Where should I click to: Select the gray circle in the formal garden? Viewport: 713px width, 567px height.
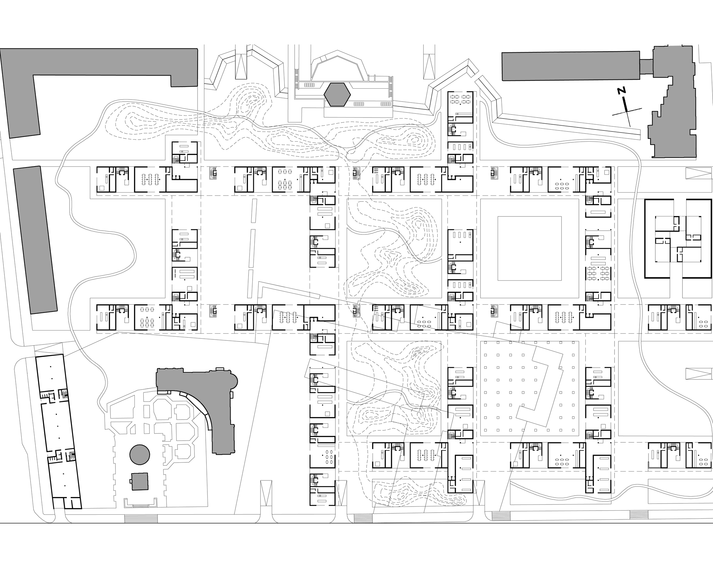[x=140, y=455]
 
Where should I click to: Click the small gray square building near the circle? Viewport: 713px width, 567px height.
[x=140, y=481]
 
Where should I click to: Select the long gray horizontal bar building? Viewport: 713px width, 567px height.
[x=571, y=66]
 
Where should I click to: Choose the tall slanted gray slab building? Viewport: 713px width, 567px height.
[x=35, y=240]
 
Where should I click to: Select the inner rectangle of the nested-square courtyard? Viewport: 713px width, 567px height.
[x=529, y=248]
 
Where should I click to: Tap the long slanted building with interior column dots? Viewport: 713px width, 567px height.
[x=58, y=431]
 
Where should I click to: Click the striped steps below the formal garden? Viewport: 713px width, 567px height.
[x=141, y=519]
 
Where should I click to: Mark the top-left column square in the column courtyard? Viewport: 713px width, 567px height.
[x=486, y=346]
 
